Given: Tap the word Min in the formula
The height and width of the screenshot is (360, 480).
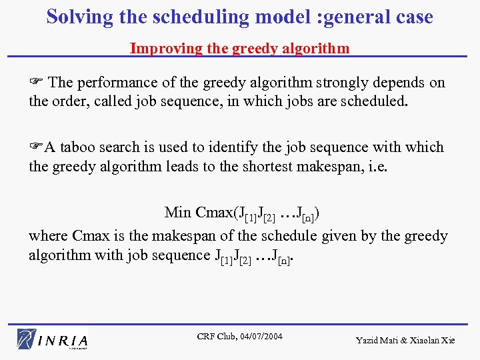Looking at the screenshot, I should (178, 213).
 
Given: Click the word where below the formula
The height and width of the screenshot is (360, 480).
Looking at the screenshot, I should (49, 236).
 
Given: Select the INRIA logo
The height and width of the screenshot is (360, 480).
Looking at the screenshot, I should (53, 339).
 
